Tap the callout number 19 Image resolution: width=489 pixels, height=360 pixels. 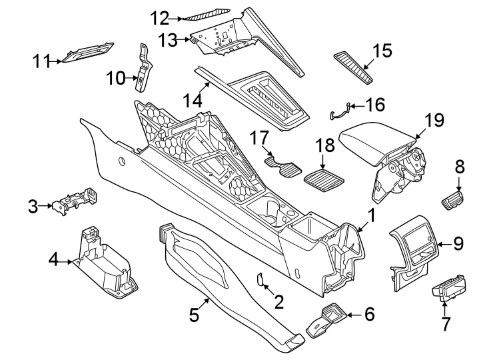point(434,121)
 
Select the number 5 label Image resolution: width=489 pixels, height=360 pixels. point(194,315)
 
